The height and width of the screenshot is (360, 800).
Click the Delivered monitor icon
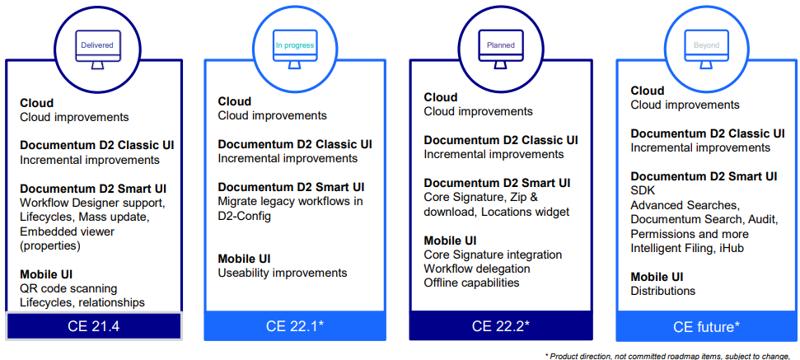click(x=97, y=42)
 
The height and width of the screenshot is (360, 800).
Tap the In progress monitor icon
click(x=295, y=42)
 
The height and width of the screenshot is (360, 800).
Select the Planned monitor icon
click(x=501, y=42)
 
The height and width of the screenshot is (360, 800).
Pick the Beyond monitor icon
click(x=706, y=42)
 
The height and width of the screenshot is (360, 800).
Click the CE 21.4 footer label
click(x=93, y=325)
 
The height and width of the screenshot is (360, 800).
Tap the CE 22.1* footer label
click(x=294, y=325)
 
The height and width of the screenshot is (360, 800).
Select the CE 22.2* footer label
click(x=500, y=325)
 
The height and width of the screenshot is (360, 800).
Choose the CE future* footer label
click(x=706, y=326)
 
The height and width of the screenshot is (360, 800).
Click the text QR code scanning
click(x=68, y=288)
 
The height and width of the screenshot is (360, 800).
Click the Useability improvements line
click(x=282, y=273)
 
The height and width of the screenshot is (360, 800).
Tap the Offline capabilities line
click(x=471, y=283)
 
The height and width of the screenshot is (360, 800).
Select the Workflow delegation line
click(x=477, y=269)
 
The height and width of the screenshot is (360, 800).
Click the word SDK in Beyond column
click(x=643, y=190)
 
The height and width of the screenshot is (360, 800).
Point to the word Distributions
click(x=662, y=291)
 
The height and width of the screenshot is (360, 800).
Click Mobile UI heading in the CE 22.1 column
click(x=244, y=259)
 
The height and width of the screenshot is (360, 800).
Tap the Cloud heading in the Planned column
click(x=441, y=97)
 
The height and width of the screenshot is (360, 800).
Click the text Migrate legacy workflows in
click(x=290, y=202)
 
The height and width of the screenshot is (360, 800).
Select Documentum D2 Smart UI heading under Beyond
click(x=704, y=176)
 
